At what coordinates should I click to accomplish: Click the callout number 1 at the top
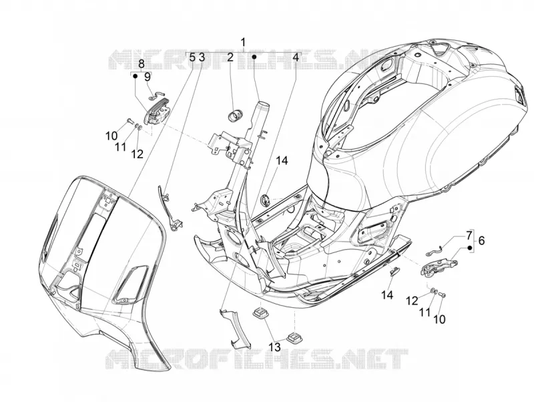(x=243, y=43)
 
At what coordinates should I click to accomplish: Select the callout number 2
(x=230, y=57)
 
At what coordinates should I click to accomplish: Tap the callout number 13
(x=274, y=347)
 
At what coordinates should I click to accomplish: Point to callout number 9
(x=148, y=77)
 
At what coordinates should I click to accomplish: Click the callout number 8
(x=142, y=63)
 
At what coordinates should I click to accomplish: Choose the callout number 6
(x=481, y=240)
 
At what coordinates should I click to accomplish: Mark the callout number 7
(x=469, y=235)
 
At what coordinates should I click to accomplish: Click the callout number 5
(x=192, y=57)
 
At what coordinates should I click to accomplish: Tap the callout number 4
(x=296, y=57)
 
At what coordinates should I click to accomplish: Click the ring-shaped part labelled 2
(x=234, y=115)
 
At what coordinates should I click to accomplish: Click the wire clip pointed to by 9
(x=158, y=96)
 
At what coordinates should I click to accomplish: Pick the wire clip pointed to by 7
(x=435, y=250)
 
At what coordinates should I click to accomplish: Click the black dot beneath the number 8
(x=136, y=76)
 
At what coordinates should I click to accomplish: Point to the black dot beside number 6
(x=470, y=248)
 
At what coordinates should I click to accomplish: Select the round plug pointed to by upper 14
(x=265, y=200)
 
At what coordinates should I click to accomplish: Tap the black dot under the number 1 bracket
(x=254, y=57)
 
